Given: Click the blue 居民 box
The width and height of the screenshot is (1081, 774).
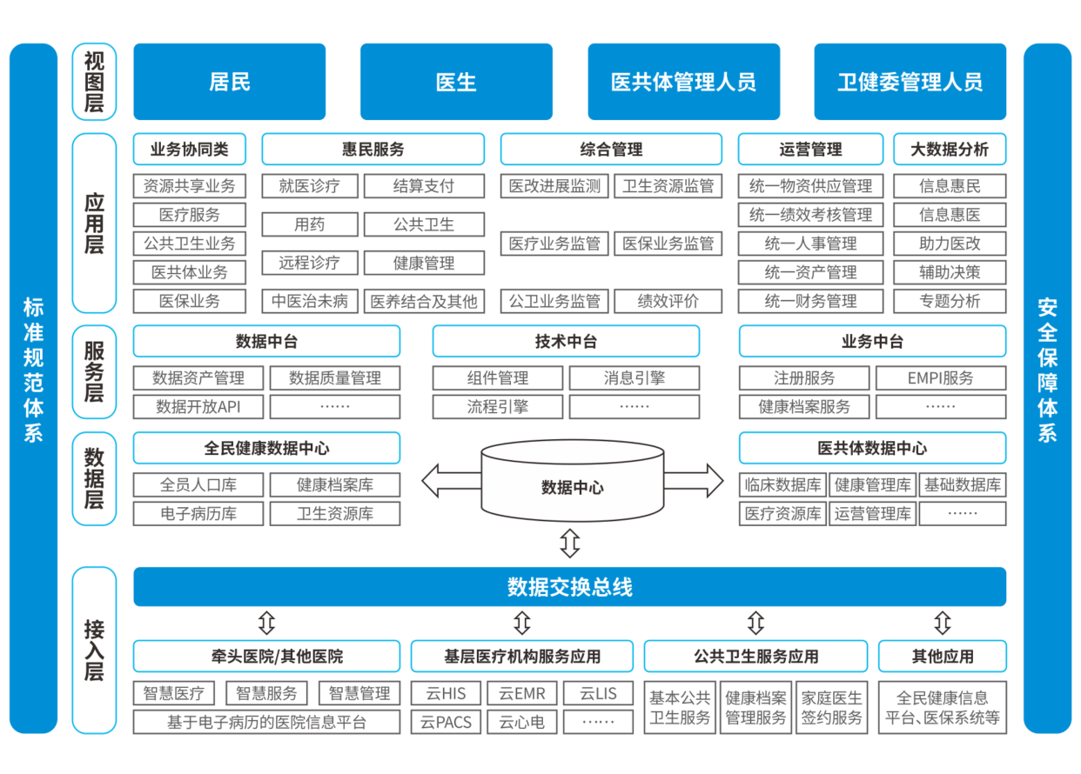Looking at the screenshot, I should coord(229,82).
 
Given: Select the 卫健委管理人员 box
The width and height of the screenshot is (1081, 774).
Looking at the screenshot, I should coord(910,82).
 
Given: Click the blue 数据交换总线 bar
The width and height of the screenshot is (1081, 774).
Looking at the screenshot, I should coord(569,587).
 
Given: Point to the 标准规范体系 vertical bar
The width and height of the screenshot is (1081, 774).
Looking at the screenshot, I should coord(33,388).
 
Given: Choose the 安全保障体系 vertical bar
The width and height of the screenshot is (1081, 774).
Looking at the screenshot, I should coord(1047,388).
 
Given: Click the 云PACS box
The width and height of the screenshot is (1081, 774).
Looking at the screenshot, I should coord(446,721).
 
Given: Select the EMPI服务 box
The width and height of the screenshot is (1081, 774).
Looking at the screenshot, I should coord(941,378).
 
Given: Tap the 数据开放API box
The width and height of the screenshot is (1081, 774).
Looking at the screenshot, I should coord(198,406).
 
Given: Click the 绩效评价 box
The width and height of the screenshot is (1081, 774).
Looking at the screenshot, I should coord(668,302).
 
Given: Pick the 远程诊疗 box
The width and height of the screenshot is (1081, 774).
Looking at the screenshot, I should coord(309,263).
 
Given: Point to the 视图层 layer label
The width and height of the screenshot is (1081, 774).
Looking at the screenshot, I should coord(94,82).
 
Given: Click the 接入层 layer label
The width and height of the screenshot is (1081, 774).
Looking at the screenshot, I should coord(94,650).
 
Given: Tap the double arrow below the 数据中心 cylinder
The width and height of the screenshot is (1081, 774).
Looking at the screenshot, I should coord(569,544).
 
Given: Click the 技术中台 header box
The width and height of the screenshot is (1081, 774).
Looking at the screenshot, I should coord(566,342).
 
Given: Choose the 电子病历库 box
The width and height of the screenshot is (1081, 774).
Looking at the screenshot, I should coord(198,513).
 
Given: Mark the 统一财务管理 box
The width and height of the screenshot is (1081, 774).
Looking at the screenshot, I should coord(810,302).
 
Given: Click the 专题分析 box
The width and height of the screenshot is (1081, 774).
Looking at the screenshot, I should coord(950,302).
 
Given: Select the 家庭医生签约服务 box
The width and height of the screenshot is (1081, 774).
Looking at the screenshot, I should coord(831,707).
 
